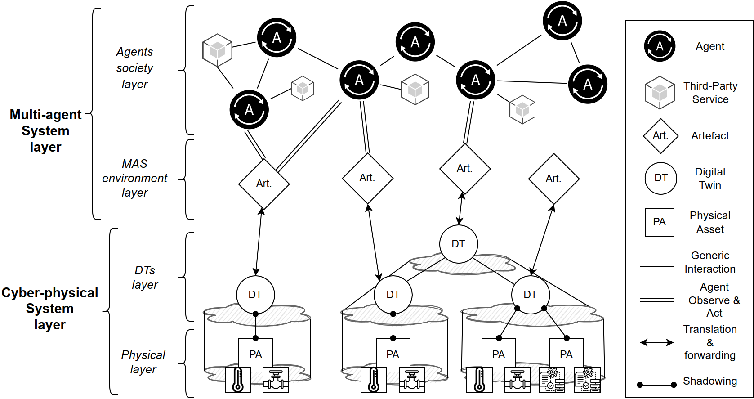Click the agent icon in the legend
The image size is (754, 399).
tap(660, 46)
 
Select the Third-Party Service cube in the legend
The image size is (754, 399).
tap(660, 92)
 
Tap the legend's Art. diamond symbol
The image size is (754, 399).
tap(660, 136)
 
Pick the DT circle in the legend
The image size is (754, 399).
tap(660, 178)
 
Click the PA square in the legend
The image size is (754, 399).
tap(660, 222)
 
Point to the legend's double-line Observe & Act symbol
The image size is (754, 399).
tap(657, 300)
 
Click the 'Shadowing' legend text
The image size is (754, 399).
tap(710, 381)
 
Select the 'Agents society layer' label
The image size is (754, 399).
tap(135, 68)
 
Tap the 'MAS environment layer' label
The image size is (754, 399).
tap(134, 178)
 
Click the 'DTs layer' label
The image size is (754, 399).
tap(145, 278)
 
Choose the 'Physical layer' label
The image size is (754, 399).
tap(143, 362)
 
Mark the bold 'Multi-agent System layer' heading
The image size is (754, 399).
tap(45, 131)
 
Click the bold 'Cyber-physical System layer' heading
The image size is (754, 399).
tap(49, 309)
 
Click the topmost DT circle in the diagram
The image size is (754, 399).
tap(458, 244)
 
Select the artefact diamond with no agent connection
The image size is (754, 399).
tap(553, 179)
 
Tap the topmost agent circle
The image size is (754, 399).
tap(562, 21)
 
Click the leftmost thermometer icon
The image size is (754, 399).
tap(238, 380)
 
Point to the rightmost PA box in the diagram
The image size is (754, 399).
tap(567, 354)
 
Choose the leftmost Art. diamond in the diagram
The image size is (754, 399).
tap(264, 184)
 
